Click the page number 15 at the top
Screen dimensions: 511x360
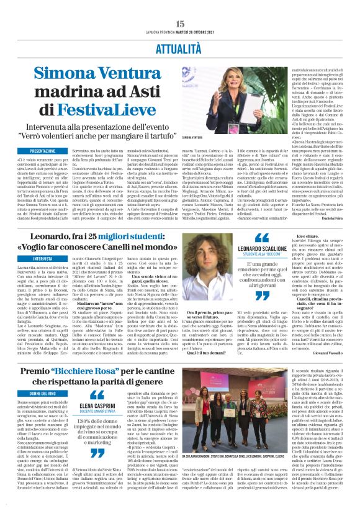click(x=180, y=6)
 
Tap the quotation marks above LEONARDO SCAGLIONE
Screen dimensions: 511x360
click(x=264, y=237)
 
